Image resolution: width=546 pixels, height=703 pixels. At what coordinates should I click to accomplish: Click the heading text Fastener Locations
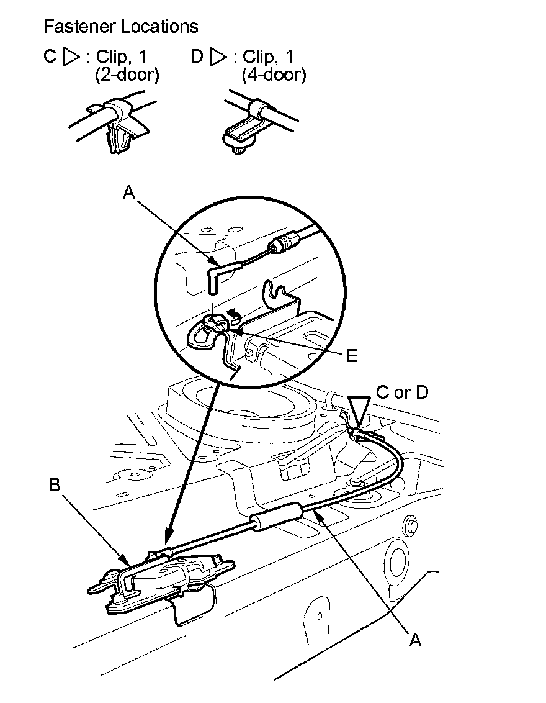tap(121, 27)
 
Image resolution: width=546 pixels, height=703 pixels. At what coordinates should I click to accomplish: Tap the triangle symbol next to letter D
tap(218, 57)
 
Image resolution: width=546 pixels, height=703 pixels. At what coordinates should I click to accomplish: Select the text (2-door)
tap(127, 75)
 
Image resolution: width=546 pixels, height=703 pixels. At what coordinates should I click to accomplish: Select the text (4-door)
tap(273, 75)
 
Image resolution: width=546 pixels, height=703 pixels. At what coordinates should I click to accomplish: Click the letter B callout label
tap(55, 486)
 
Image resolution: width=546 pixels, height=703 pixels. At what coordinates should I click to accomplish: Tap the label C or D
tap(402, 392)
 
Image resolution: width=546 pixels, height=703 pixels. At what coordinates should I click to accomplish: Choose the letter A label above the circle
tap(128, 193)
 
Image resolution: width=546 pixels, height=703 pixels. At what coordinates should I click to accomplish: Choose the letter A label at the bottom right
tap(415, 640)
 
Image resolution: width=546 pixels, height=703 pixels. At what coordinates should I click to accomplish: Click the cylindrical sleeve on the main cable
tap(275, 517)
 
